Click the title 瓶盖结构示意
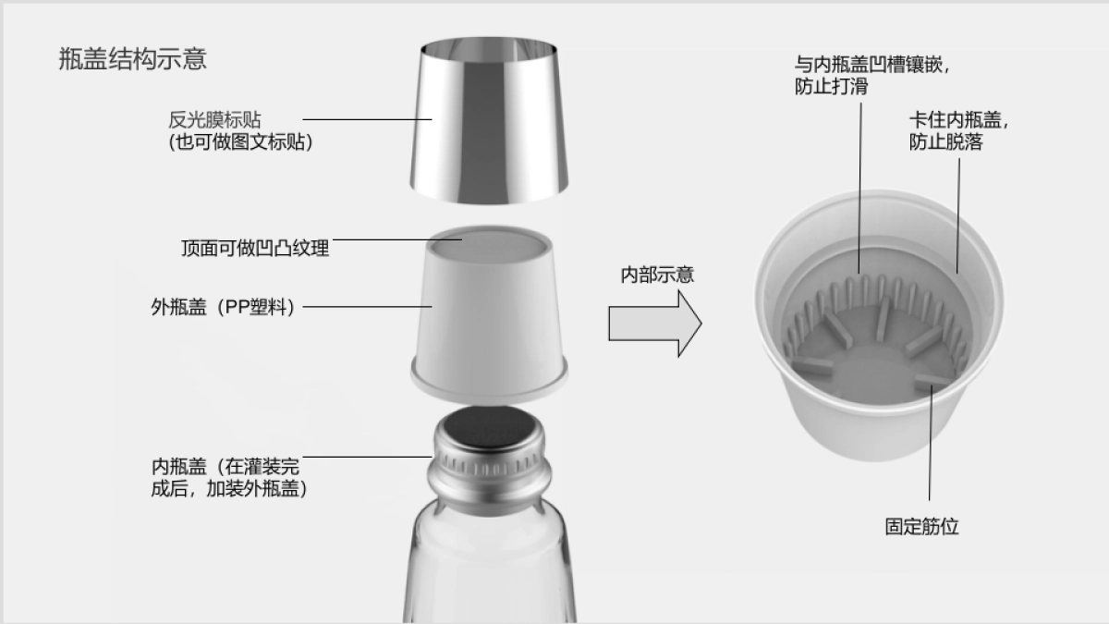[132, 59]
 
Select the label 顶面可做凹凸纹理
[255, 248]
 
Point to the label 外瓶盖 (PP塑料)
[223, 307]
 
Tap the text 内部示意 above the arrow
[656, 275]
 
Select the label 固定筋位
[921, 526]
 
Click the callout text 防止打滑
[831, 87]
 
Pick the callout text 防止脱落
[945, 142]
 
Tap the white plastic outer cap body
[489, 314]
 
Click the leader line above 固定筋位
[930, 444]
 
